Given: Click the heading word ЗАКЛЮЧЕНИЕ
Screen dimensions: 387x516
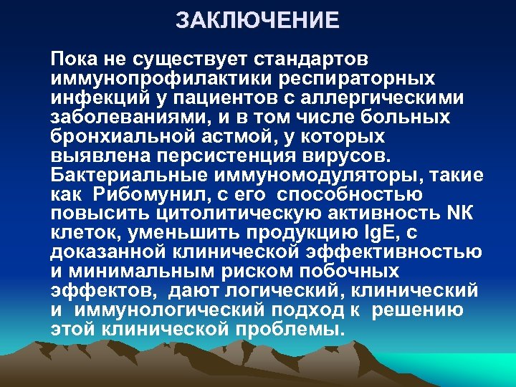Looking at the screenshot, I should pos(258,20).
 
